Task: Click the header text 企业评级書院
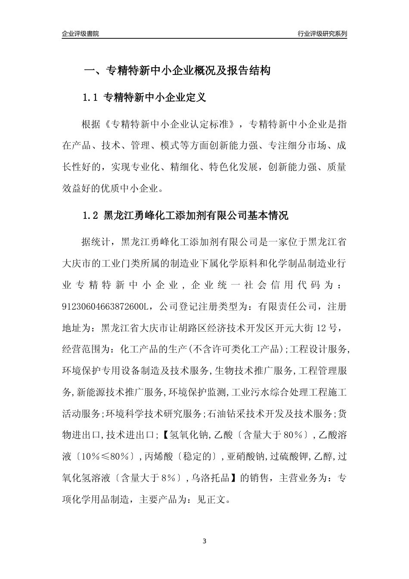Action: (x=81, y=34)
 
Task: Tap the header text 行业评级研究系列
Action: (x=322, y=34)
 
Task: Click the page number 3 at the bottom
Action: (x=204, y=541)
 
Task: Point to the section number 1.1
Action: (x=90, y=98)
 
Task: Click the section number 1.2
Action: (x=90, y=215)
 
